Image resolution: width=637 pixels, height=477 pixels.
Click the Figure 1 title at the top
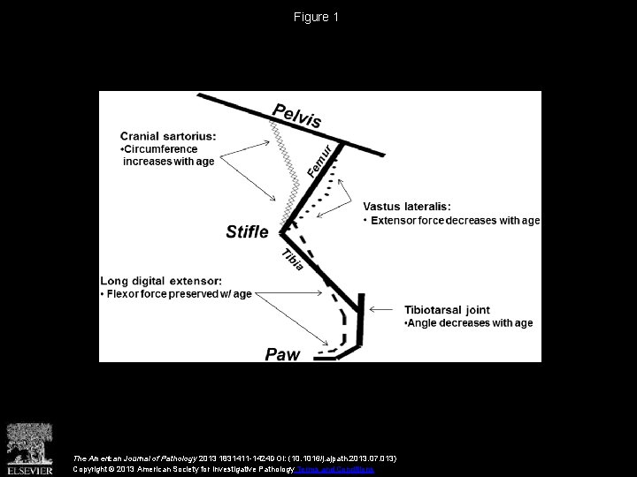coord(317,18)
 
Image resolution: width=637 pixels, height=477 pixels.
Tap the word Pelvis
coord(296,115)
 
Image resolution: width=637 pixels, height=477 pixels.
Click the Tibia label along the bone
coord(294,260)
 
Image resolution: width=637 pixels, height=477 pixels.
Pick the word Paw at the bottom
coord(284,355)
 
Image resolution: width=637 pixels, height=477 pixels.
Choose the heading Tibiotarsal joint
coord(447,310)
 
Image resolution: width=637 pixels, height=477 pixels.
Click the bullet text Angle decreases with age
coord(469,323)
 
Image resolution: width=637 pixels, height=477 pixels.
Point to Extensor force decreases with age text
coord(452,219)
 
